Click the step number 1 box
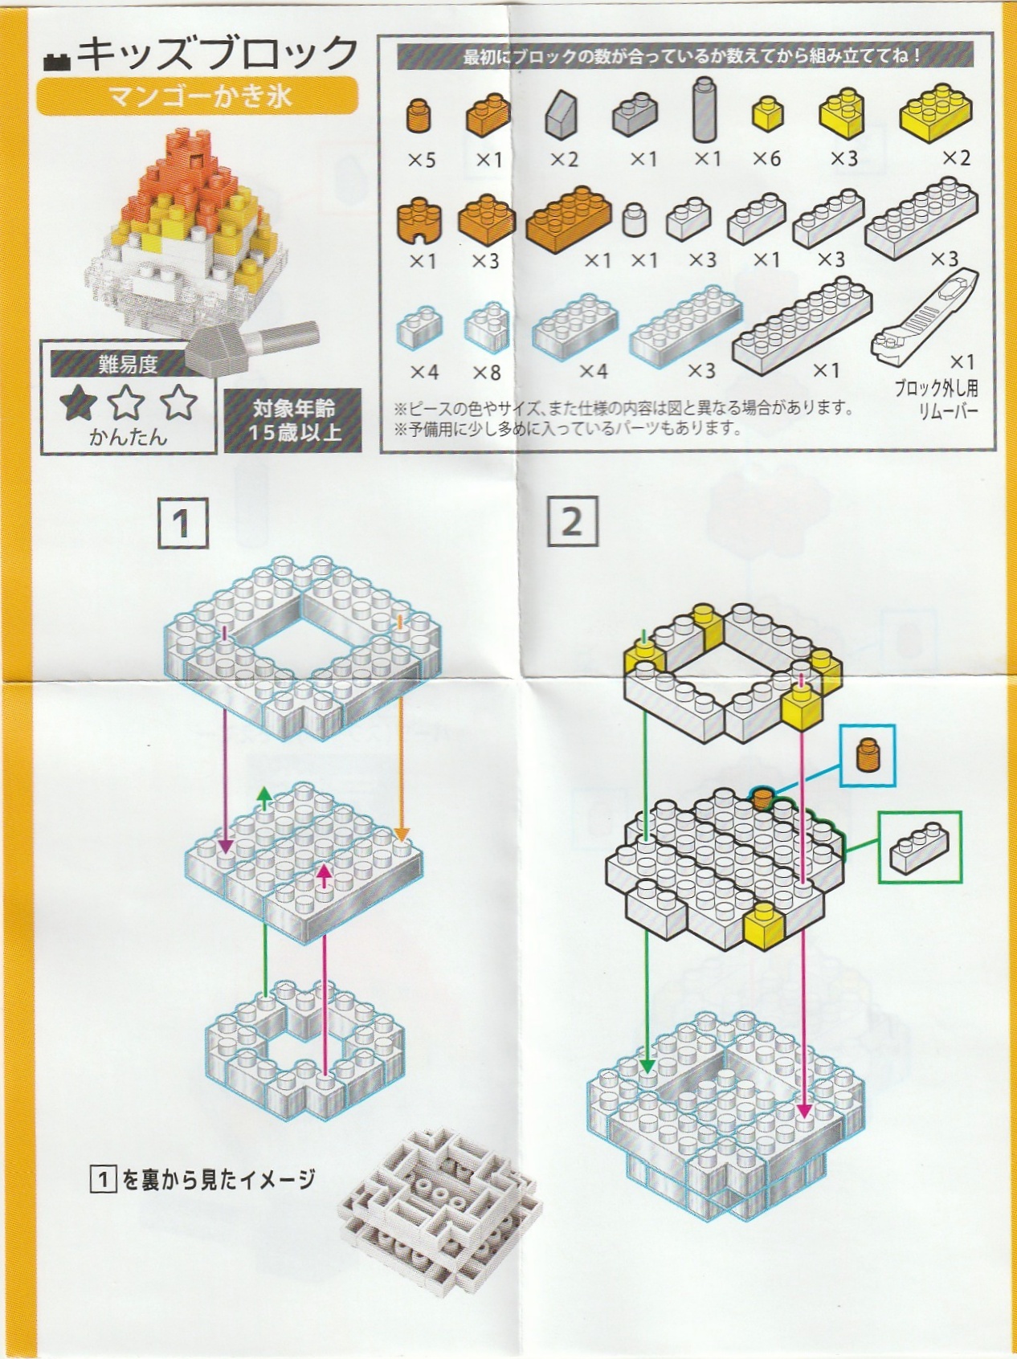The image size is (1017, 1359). click(183, 523)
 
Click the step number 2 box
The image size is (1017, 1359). click(572, 521)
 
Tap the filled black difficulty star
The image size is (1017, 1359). click(79, 402)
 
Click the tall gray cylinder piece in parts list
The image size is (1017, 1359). click(705, 110)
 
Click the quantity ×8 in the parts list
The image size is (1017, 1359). click(486, 372)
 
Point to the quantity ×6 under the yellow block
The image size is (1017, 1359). click(766, 159)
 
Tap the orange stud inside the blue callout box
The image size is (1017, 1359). click(867, 756)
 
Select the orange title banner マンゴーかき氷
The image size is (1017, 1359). click(197, 96)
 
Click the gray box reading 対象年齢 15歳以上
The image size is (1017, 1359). click(292, 421)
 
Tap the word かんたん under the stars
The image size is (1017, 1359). click(128, 437)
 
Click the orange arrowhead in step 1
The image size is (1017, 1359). click(402, 833)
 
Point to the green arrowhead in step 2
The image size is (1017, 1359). click(647, 1065)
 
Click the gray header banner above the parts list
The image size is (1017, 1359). click(685, 57)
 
